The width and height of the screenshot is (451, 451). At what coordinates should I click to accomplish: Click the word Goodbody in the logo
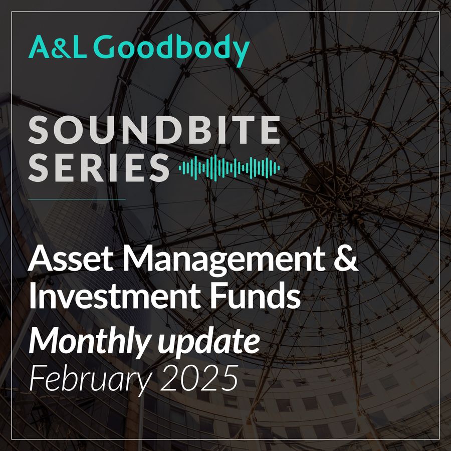tap(171, 49)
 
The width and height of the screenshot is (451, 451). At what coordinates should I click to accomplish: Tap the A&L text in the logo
tap(58, 47)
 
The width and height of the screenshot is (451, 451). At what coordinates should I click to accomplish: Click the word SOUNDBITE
tap(154, 130)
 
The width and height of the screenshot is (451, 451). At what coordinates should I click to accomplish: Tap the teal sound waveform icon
tap(229, 168)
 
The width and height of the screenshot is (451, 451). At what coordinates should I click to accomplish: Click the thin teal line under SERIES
tap(77, 199)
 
